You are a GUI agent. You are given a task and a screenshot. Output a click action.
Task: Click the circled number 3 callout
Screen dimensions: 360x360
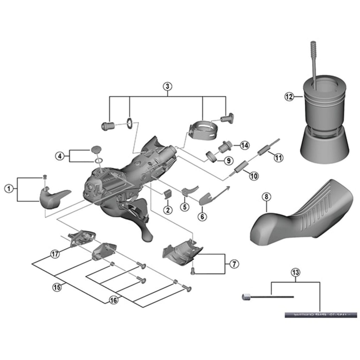click(x=168, y=86)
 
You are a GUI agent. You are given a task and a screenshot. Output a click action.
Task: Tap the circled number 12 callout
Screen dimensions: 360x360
click(x=289, y=96)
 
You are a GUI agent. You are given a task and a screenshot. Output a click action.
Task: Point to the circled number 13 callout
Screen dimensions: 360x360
click(x=296, y=272)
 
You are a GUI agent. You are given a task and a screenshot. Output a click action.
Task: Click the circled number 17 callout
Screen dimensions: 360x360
click(x=55, y=254)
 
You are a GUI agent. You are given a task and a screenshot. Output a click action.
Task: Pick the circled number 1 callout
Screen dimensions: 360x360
click(x=8, y=189)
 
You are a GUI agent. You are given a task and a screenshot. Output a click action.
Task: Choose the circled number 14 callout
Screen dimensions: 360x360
click(x=245, y=145)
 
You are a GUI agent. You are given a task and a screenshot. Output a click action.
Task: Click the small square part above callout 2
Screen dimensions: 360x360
click(x=168, y=194)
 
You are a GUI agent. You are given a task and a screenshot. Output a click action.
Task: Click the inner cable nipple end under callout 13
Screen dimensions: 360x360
click(x=245, y=297)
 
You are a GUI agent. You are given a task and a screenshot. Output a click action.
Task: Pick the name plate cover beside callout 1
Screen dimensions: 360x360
click(x=54, y=199)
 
